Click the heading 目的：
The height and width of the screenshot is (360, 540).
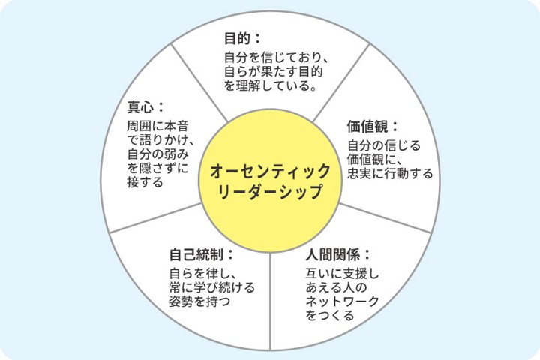point(242,38)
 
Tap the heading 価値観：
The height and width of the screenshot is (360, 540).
point(373,127)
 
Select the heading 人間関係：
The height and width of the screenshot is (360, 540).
point(337,255)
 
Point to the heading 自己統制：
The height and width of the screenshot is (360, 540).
point(202,255)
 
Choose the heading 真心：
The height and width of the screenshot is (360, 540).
point(145,107)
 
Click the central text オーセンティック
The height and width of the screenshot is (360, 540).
point(270,171)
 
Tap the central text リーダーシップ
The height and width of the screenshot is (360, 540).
point(270,192)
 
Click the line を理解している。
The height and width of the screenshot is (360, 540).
point(271,85)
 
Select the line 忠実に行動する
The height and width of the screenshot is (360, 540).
point(390,173)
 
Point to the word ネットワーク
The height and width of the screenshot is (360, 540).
point(342,301)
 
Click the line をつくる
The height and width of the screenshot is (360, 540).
point(330,315)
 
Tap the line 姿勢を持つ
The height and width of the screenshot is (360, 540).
point(199,301)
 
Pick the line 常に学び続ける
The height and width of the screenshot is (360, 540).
point(212,287)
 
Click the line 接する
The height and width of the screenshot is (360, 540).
point(145,182)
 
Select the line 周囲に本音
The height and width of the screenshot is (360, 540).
point(157,126)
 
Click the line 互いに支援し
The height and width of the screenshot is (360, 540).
point(342,274)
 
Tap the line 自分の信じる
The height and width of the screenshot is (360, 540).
point(384,145)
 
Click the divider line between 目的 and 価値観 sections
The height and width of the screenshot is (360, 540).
point(341,83)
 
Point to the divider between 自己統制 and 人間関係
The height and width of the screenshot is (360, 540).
point(270,301)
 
